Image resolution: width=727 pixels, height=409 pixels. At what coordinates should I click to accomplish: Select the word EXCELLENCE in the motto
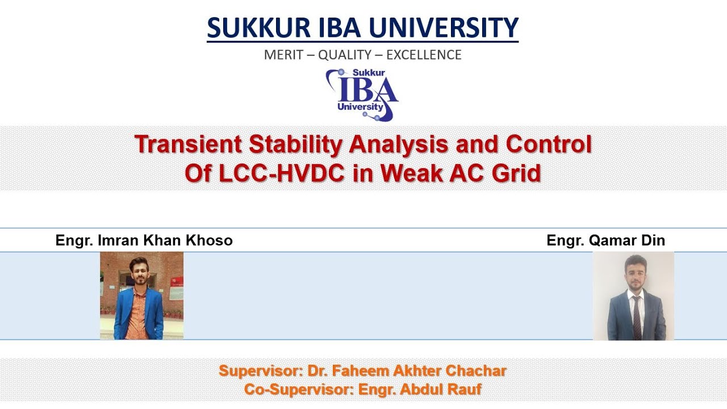click(424, 55)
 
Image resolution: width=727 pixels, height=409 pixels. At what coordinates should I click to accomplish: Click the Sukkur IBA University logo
click(362, 94)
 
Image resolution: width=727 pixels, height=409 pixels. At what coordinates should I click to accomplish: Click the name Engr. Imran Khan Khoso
click(144, 240)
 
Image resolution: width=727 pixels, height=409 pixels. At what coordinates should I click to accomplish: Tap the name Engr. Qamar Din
click(605, 240)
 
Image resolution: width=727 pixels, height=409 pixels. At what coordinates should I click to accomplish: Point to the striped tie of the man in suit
click(637, 315)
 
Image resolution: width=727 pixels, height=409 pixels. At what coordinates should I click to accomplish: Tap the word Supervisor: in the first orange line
click(261, 372)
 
